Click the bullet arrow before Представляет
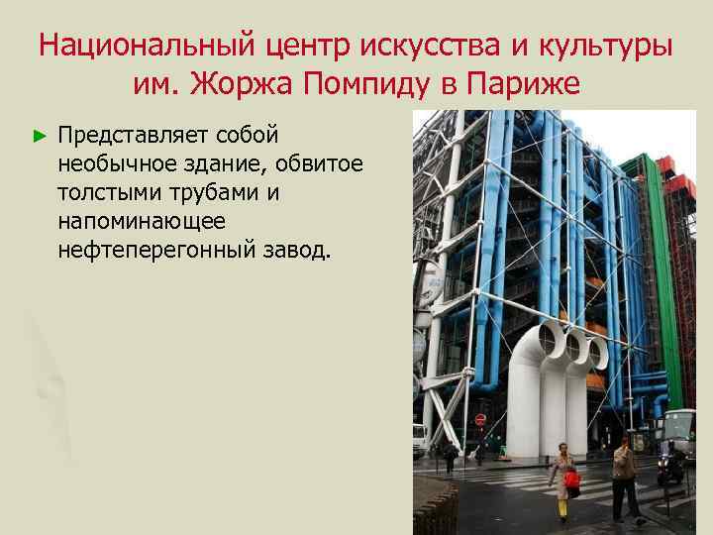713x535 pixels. pos(40,133)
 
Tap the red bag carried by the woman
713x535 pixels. pos(571,481)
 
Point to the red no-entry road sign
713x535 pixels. pos(480,420)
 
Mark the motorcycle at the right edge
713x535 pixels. pos(672,462)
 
